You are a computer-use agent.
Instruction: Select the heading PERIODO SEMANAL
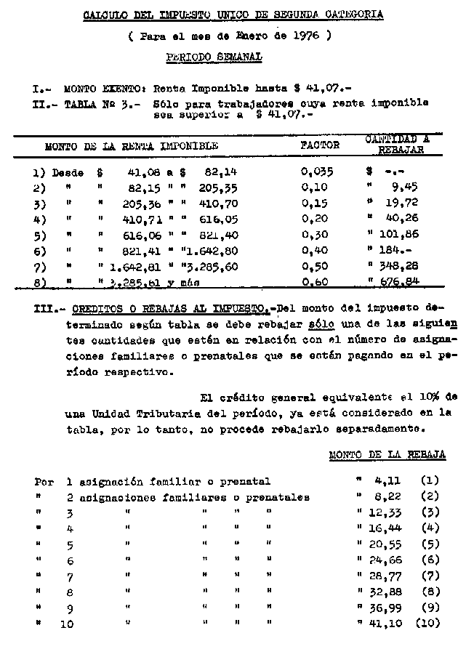[x=214, y=56]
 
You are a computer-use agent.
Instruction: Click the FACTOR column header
[x=320, y=145]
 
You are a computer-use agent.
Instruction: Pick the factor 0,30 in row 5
[x=315, y=234]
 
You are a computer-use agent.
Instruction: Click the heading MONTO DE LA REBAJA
[x=387, y=455]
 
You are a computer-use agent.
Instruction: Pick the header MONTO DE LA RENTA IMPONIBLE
[x=131, y=145]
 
